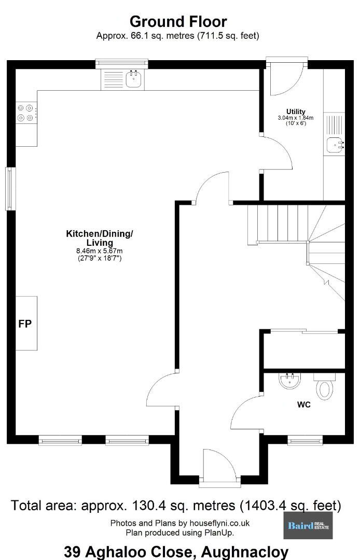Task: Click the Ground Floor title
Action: coord(178,22)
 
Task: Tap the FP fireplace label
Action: coord(25,324)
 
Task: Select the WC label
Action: coord(304,404)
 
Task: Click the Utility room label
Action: coord(296,111)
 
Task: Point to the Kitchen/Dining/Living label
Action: coord(100,238)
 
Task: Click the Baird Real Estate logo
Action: coord(308,525)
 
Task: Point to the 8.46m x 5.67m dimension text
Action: coord(100,251)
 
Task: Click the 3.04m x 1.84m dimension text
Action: coord(296,118)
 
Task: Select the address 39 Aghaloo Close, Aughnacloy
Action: coord(176,553)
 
